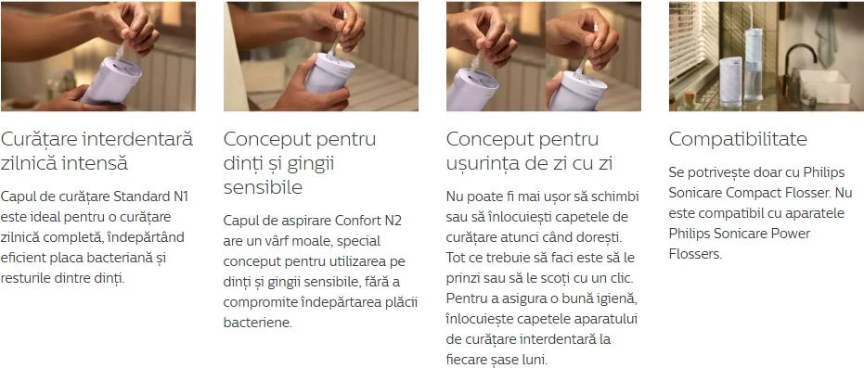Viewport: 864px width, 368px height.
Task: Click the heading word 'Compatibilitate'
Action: (x=738, y=140)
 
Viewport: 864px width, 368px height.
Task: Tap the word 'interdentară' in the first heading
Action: (x=137, y=140)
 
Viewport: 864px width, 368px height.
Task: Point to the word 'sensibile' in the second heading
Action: (x=263, y=187)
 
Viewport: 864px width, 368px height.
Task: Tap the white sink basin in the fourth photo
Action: (x=825, y=86)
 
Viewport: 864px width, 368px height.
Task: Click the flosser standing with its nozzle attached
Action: (x=753, y=62)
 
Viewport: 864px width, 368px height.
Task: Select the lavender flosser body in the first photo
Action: (x=110, y=81)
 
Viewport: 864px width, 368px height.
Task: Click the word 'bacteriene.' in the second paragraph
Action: (x=257, y=323)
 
